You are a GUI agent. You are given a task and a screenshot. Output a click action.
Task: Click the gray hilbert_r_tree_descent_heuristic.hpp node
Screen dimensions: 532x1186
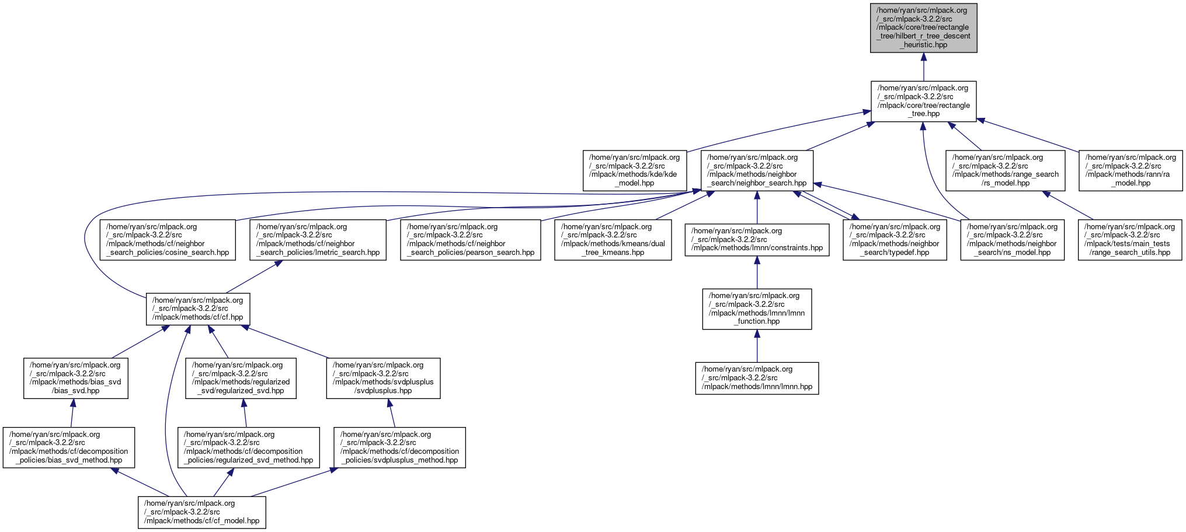[x=923, y=27]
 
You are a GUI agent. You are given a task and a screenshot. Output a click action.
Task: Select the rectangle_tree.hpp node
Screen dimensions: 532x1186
[x=923, y=101]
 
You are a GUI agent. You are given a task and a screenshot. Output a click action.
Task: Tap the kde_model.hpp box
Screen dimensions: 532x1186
[x=634, y=170]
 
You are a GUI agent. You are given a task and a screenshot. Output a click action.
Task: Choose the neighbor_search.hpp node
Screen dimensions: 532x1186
[x=757, y=170]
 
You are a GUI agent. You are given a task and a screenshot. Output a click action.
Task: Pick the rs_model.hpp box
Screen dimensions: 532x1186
[x=1005, y=170]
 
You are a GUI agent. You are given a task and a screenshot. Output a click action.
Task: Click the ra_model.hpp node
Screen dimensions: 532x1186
[x=1130, y=170]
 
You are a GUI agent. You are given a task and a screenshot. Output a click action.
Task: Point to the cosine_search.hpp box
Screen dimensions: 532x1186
[x=168, y=240]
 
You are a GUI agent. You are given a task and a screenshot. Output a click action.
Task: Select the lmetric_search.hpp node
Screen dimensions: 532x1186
[x=318, y=240]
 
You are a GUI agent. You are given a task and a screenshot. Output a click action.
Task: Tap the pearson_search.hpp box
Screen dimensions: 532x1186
[x=470, y=240]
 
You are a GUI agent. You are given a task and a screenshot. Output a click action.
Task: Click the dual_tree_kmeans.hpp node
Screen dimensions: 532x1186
[x=613, y=240]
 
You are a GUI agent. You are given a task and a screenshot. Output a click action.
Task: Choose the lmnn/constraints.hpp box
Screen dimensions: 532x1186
[x=757, y=240]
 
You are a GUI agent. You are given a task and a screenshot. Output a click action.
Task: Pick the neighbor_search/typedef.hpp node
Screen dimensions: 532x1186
[x=895, y=240]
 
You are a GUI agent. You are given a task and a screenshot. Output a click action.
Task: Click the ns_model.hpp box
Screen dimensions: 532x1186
[x=1012, y=240]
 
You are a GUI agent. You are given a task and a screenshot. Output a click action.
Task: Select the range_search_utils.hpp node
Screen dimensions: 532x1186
[x=1129, y=240]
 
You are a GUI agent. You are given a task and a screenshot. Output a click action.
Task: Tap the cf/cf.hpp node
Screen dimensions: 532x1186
[x=198, y=309]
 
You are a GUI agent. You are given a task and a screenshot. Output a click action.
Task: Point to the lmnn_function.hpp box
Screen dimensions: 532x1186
[x=757, y=309]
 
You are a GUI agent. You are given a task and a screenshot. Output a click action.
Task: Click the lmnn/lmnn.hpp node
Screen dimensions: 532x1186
[x=757, y=378]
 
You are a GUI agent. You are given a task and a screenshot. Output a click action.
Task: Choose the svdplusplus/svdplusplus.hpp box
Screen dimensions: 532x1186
[x=383, y=378]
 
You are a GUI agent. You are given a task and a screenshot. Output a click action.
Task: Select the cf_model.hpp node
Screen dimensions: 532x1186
[x=201, y=512]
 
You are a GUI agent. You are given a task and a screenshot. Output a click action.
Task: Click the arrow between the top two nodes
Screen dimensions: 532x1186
[x=923, y=66]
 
